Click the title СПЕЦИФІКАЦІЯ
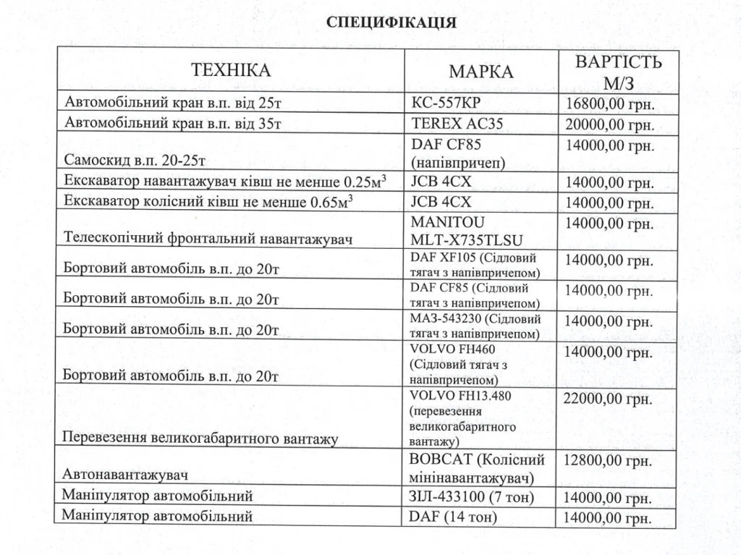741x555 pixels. click(x=391, y=22)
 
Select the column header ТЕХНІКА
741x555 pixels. click(x=231, y=70)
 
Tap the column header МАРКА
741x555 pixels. click(x=480, y=72)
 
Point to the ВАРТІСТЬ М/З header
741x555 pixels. click(x=618, y=71)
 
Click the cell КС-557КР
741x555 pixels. click(x=448, y=102)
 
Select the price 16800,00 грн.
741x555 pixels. click(x=609, y=103)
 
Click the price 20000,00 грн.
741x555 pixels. click(x=609, y=124)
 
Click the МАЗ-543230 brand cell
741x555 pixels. click(x=475, y=326)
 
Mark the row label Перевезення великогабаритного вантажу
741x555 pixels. click(x=200, y=438)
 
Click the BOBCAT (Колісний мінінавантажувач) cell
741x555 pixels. click(x=476, y=468)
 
